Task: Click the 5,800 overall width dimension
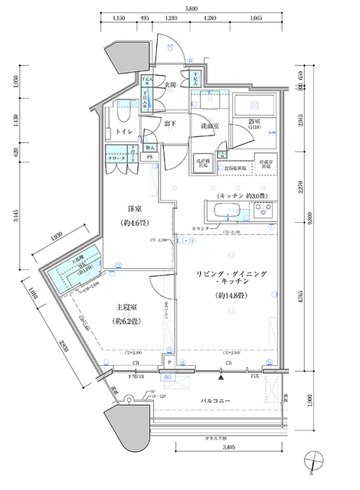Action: [x=195, y=7]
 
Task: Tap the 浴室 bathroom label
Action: [x=256, y=122]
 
